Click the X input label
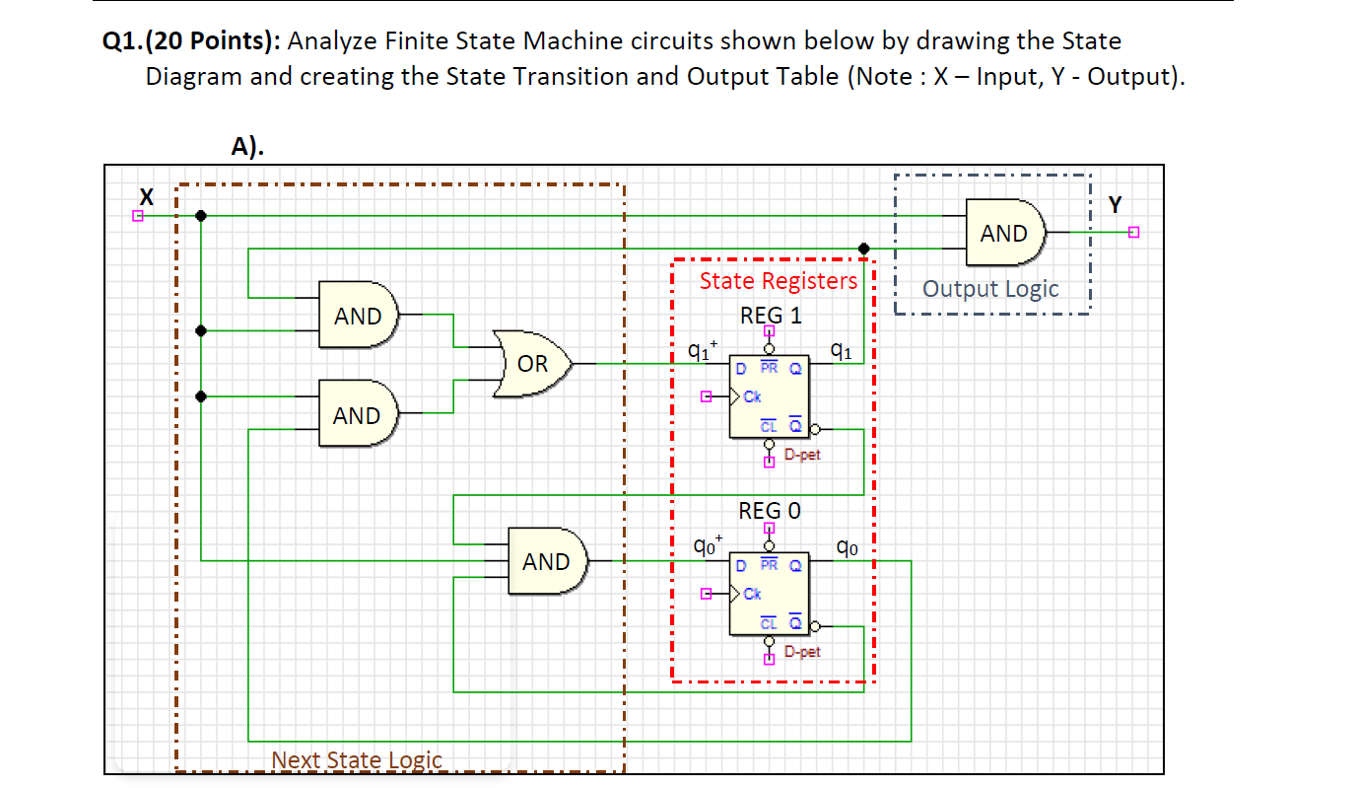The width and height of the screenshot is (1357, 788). (x=147, y=193)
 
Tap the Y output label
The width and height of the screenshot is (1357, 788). (x=1115, y=205)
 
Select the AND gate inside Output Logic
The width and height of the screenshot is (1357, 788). (x=1004, y=234)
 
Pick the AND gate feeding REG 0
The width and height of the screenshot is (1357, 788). (x=547, y=561)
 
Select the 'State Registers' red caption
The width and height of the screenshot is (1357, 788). (x=779, y=281)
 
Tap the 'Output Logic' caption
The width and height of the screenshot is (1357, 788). (x=990, y=289)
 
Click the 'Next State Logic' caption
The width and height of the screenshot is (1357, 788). (x=357, y=760)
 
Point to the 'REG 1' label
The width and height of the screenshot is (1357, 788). (x=771, y=316)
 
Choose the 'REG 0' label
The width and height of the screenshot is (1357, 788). (x=770, y=511)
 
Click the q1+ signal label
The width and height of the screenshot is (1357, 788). (x=702, y=349)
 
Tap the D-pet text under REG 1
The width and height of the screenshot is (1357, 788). (x=802, y=455)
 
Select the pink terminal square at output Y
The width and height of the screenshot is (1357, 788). (x=1132, y=233)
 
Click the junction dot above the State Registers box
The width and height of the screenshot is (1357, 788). (x=863, y=248)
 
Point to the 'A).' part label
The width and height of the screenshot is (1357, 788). (x=247, y=147)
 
